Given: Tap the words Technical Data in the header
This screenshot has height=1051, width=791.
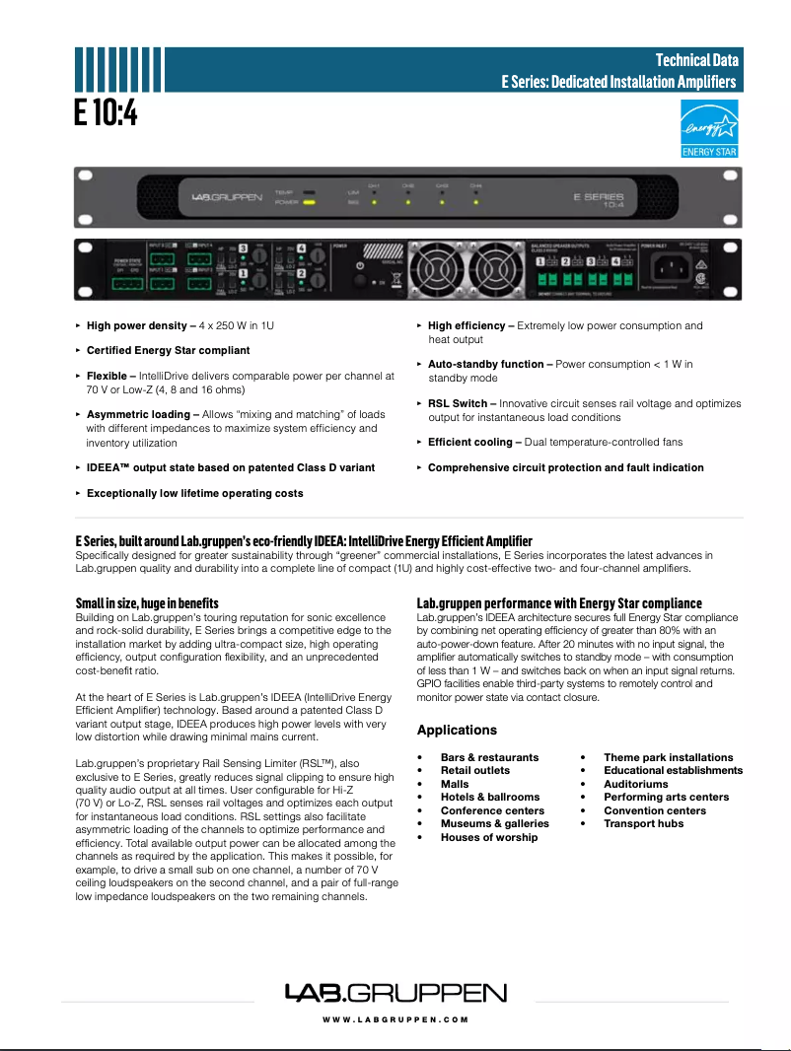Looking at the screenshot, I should tap(697, 61).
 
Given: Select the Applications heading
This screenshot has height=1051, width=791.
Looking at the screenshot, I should tap(457, 731).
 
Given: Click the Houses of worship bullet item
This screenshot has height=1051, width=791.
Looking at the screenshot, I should tap(489, 837).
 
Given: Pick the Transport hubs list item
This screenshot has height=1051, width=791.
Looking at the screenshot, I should tap(643, 823).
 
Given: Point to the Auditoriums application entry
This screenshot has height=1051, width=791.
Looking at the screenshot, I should tap(635, 784).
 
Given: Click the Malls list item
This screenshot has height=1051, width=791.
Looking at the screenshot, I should tap(455, 784).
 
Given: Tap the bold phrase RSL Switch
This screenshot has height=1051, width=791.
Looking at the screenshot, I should tap(458, 403).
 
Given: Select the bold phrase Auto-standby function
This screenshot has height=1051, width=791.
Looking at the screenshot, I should tap(485, 364).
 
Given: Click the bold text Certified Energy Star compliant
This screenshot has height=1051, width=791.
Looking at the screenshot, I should tap(168, 350).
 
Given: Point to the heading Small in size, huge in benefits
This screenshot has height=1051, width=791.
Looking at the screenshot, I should tap(147, 603).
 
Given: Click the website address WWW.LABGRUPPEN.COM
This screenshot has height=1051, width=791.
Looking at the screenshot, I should tap(395, 1019).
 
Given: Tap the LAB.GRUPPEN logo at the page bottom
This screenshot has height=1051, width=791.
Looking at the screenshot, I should tap(395, 993).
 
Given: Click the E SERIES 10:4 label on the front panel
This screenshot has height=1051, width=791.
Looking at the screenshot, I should tap(599, 199).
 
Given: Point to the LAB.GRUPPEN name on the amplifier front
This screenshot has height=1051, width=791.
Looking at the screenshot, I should tap(227, 197).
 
